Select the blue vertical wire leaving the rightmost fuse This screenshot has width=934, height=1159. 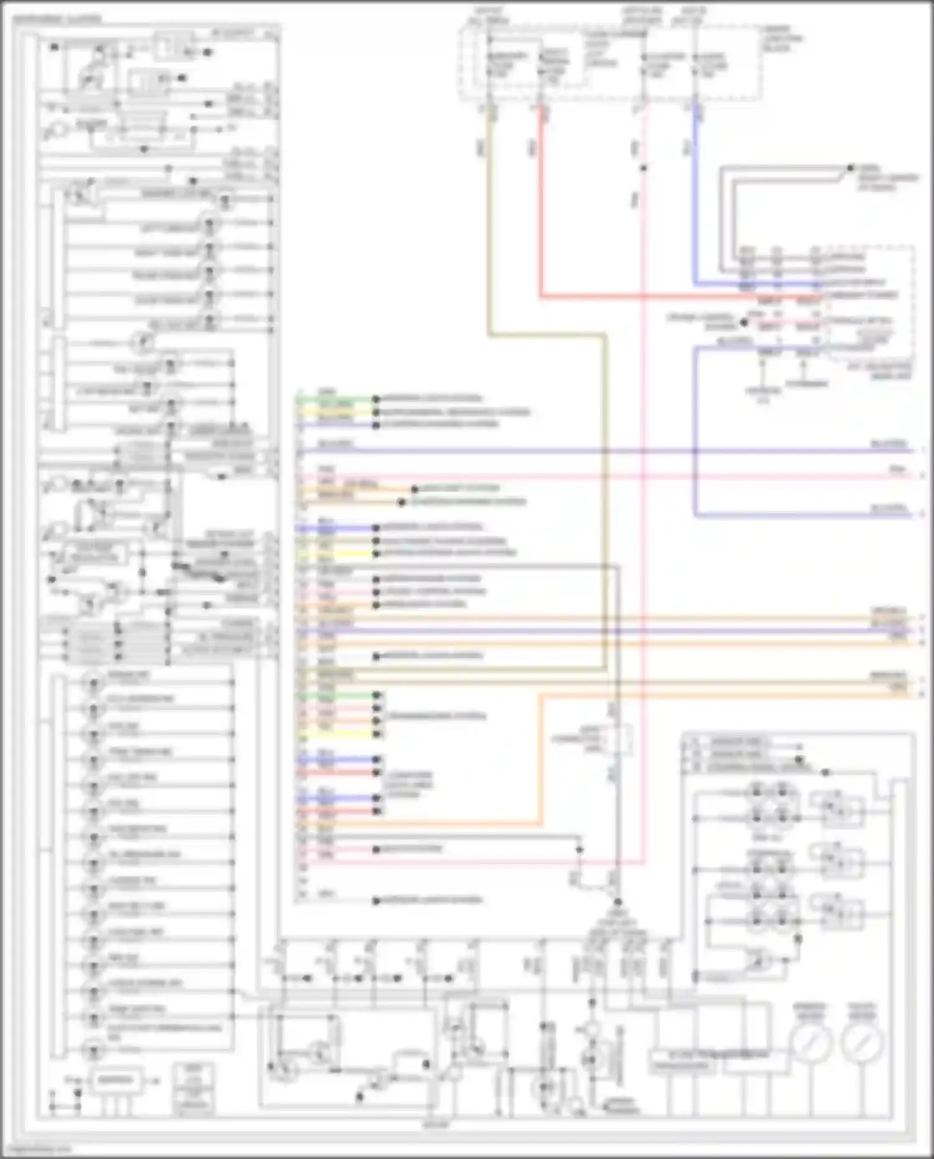coord(695,199)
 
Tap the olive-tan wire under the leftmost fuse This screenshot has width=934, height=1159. coord(489,218)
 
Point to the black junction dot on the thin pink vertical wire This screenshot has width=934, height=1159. coord(643,168)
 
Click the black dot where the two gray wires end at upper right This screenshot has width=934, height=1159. coord(851,168)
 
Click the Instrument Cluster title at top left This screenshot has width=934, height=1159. coord(56,19)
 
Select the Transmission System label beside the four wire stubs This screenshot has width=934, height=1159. coord(436,716)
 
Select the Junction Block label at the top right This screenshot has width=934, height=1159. coord(782,38)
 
